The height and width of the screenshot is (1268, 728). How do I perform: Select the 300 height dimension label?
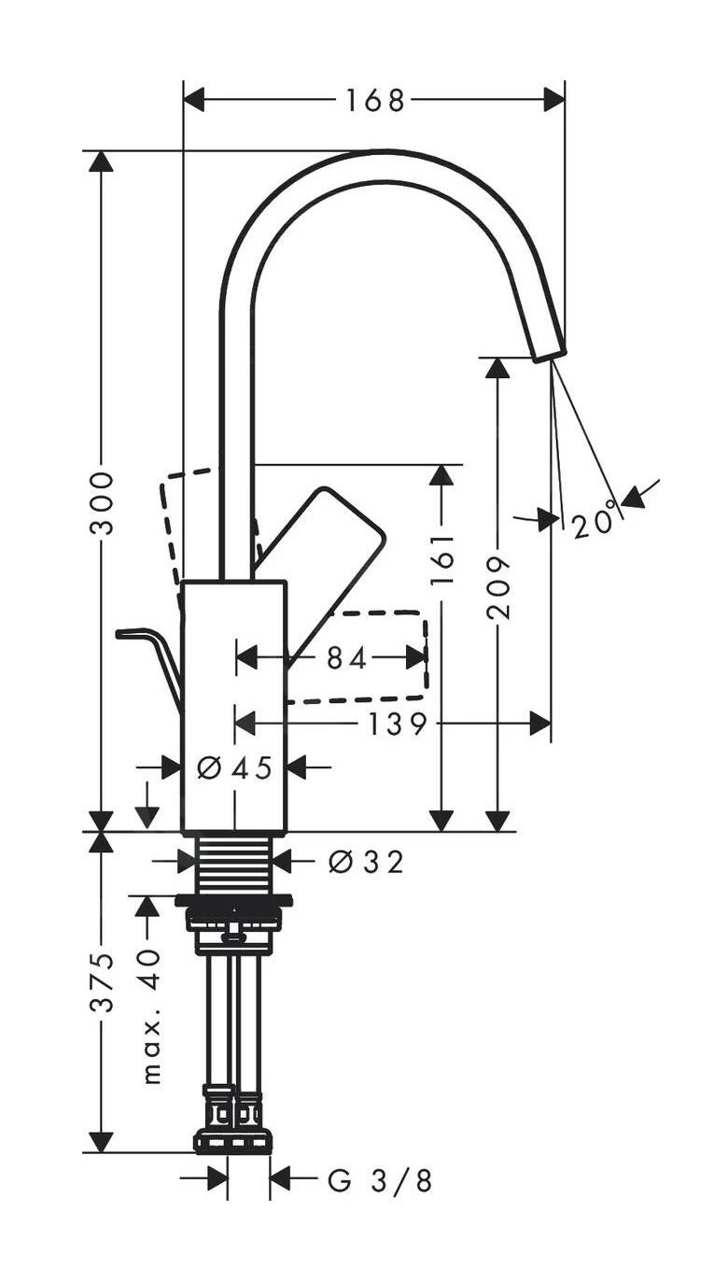[x=102, y=502]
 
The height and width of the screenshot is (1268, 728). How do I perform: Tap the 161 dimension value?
[x=442, y=558]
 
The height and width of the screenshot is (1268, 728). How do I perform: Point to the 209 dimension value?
[x=499, y=586]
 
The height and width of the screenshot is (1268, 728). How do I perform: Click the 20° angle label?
[x=596, y=519]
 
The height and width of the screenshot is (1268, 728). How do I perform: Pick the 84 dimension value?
[x=347, y=658]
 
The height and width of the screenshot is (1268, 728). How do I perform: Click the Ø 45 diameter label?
[x=235, y=768]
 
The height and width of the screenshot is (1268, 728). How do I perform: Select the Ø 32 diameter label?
[x=366, y=862]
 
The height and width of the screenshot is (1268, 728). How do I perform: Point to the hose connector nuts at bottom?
[x=233, y=1125]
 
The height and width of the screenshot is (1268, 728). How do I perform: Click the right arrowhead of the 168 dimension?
[x=554, y=100]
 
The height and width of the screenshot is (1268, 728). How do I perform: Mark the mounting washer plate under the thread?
[x=233, y=901]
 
